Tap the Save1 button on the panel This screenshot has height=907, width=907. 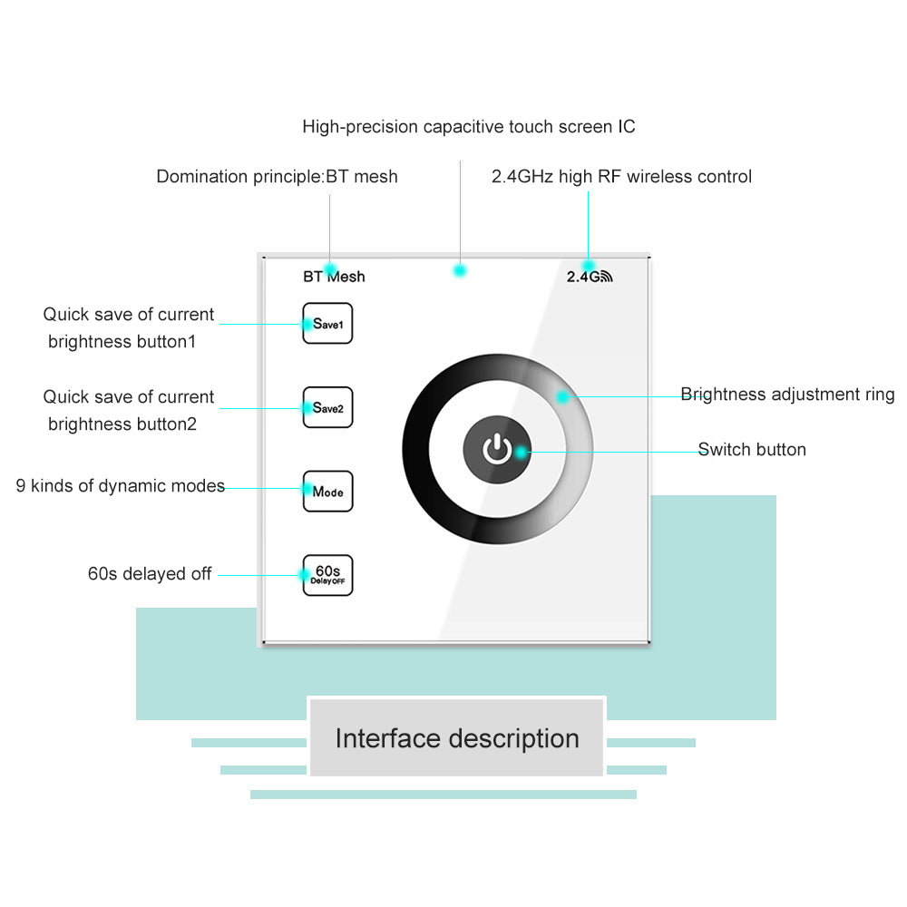point(327,324)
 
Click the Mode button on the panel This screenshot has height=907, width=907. point(327,492)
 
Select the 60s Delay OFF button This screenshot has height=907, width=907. point(327,575)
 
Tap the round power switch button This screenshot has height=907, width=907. point(497,449)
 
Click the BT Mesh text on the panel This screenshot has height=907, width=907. point(334,277)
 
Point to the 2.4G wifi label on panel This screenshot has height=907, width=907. point(590,277)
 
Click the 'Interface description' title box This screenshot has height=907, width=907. point(457,738)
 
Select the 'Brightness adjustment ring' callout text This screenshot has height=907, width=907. point(787,395)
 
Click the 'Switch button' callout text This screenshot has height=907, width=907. point(752,450)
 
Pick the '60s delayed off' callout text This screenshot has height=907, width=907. point(150,574)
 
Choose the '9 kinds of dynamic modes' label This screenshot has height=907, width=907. point(121,486)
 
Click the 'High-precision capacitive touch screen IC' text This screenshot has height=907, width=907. point(469,127)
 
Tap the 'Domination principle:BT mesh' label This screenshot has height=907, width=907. point(277,177)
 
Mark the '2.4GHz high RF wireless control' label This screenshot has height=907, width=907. point(621,177)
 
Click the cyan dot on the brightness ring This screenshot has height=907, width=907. point(562,396)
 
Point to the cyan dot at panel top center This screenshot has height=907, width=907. point(460,270)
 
